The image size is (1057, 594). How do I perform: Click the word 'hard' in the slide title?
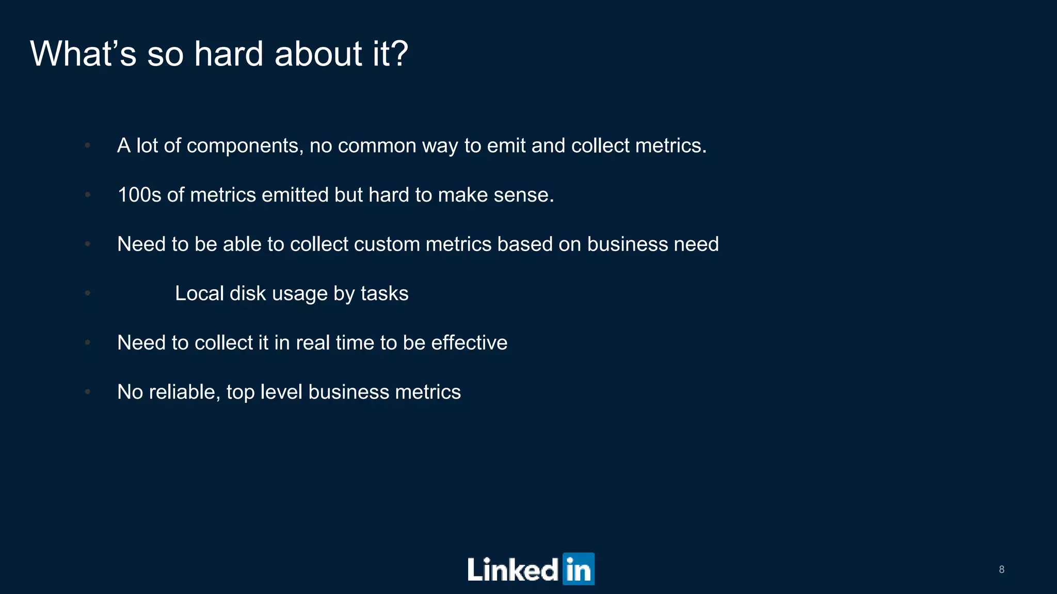coord(228,54)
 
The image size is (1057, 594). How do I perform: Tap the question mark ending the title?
coord(398,54)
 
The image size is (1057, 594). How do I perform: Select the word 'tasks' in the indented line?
coord(385,293)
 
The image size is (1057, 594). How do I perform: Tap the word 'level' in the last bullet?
coord(281,392)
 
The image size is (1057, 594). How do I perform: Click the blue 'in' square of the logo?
coord(579,569)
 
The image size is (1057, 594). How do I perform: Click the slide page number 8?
coord(1001,569)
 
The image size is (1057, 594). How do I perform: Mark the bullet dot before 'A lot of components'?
coord(88,145)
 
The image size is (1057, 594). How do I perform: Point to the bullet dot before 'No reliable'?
coord(88,392)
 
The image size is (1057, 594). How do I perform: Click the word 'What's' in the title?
coord(83,54)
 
